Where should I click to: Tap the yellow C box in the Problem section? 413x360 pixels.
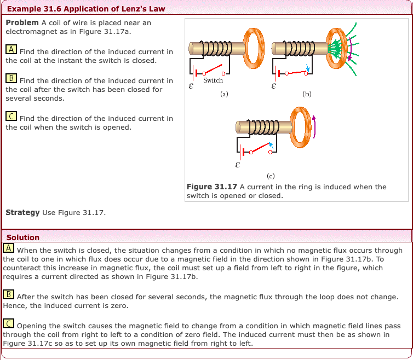click(11, 117)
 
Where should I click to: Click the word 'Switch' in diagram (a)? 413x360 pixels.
click(213, 80)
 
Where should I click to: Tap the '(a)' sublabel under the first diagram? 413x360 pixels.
click(224, 94)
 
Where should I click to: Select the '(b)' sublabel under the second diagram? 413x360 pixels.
click(307, 94)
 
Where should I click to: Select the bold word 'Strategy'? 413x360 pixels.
click(22, 212)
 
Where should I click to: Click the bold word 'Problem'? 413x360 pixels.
click(22, 23)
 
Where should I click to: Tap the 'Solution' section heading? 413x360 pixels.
click(23, 237)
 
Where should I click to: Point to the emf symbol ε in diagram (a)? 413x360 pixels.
click(191, 85)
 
